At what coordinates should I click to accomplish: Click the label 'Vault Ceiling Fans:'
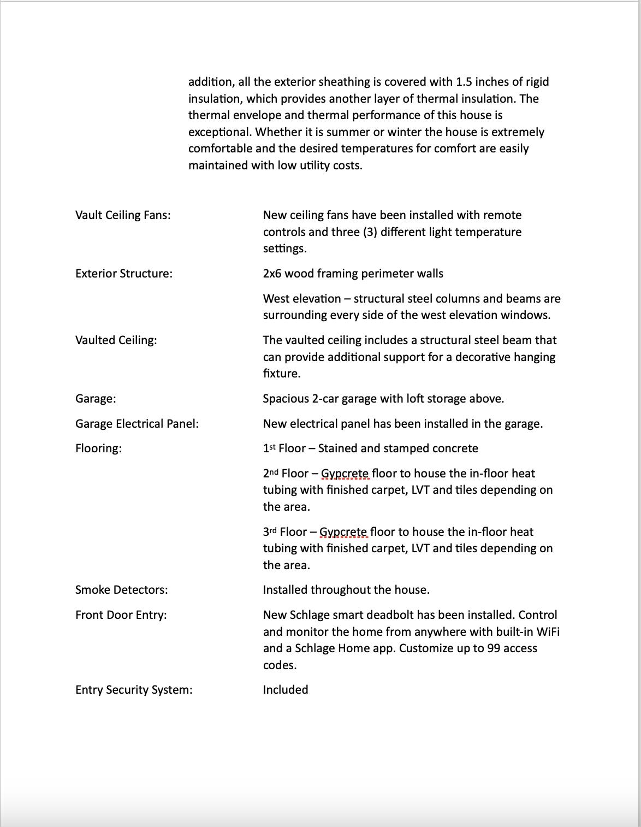pyautogui.click(x=123, y=215)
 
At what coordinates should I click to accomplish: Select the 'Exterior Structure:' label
pyautogui.click(x=124, y=274)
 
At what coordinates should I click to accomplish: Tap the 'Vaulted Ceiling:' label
pyautogui.click(x=116, y=340)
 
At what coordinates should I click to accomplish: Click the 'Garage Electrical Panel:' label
pyautogui.click(x=137, y=424)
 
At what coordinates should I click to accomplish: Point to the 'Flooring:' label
pyautogui.click(x=98, y=448)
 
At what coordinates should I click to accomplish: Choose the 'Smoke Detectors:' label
pyautogui.click(x=122, y=590)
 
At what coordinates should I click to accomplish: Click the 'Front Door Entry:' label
pyautogui.click(x=121, y=615)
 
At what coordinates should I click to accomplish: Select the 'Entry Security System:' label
pyautogui.click(x=134, y=690)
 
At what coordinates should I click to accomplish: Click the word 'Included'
pyautogui.click(x=286, y=690)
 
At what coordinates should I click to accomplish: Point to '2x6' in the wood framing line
pyautogui.click(x=272, y=274)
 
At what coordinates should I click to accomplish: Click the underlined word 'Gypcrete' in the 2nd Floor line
pyautogui.click(x=345, y=474)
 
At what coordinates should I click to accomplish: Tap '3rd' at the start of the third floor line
pyautogui.click(x=270, y=532)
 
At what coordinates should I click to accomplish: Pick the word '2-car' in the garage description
pyautogui.click(x=325, y=399)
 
